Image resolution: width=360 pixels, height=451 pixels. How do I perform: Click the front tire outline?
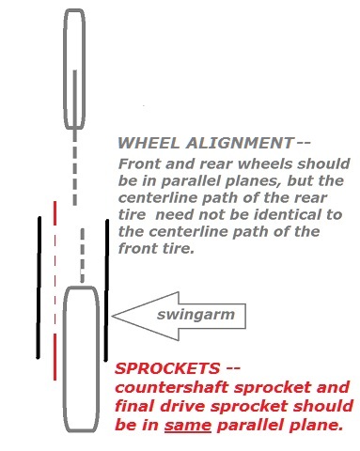point(65,69)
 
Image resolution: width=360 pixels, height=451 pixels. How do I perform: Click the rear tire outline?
point(64,360)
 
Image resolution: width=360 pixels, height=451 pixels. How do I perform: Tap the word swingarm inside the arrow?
point(196,315)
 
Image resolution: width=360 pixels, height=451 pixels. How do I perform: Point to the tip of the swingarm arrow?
point(112,316)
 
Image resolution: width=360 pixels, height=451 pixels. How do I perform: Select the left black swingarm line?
point(39,288)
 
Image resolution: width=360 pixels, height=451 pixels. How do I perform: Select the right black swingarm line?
point(106,290)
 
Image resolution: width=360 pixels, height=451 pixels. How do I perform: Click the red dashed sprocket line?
point(55,290)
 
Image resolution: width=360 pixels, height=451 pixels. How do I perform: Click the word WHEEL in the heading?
point(149,143)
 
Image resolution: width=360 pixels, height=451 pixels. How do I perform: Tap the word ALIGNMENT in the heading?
point(240,143)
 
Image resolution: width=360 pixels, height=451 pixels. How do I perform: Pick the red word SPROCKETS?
point(167,368)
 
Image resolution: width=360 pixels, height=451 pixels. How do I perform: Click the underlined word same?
point(188,426)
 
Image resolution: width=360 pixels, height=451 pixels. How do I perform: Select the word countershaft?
point(172,387)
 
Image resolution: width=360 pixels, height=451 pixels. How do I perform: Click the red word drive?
point(183,406)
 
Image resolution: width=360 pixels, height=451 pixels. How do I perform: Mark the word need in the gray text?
point(175,215)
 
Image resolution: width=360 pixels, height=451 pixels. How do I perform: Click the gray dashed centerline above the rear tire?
point(83,256)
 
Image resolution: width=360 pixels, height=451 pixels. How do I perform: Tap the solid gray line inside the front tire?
point(75,100)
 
